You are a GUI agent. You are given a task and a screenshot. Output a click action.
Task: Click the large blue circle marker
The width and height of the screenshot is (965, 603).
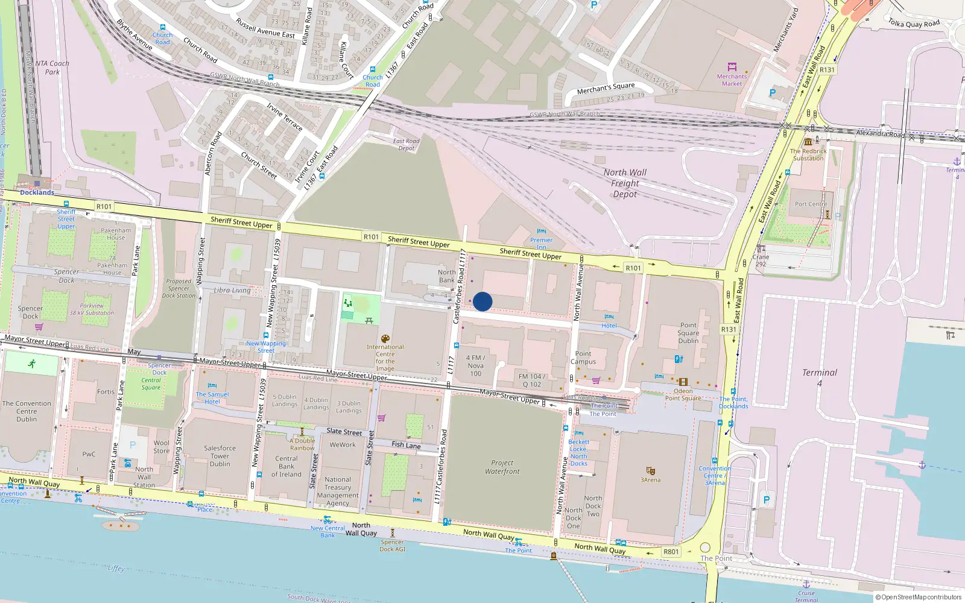482,301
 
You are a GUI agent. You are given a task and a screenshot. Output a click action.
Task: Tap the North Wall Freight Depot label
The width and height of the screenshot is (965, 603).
625,183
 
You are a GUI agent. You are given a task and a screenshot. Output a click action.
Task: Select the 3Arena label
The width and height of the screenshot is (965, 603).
650,480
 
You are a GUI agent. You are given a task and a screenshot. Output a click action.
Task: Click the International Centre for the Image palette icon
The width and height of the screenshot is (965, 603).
385,339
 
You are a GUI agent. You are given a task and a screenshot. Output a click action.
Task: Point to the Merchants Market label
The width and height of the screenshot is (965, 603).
732,80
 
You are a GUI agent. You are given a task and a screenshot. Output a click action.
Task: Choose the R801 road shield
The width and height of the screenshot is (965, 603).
671,552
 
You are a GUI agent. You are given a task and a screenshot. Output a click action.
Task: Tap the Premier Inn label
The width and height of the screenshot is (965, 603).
541,244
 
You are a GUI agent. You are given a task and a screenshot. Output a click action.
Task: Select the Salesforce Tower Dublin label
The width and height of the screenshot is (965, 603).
220,456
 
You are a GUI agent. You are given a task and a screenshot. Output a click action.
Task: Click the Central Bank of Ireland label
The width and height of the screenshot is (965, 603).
286,466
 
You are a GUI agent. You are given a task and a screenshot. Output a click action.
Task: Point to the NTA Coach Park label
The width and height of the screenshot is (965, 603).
52,68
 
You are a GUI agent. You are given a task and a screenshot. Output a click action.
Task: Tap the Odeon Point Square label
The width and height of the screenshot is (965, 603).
683,394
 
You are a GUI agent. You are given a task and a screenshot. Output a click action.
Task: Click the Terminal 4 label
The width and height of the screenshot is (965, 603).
819,377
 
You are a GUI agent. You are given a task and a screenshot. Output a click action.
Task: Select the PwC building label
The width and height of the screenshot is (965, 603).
89,455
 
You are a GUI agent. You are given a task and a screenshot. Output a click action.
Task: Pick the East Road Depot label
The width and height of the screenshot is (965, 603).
406,145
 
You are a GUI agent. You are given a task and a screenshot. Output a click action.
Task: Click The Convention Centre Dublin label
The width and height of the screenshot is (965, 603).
27,411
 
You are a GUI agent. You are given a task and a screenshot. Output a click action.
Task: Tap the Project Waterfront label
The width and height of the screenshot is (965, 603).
502,467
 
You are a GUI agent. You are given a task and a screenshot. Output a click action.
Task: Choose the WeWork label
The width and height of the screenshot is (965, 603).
343,445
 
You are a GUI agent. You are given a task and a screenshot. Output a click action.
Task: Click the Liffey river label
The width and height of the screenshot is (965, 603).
116,568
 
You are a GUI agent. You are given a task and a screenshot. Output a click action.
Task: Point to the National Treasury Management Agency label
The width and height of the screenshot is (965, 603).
338,491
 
